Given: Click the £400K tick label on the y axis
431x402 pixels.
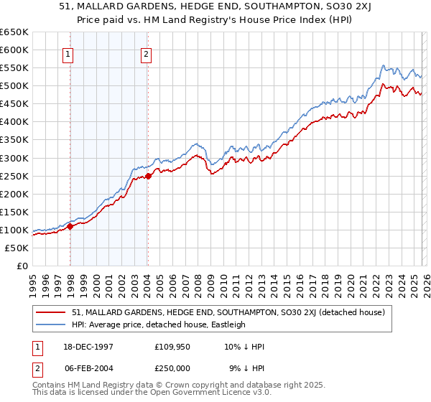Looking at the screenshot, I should [x=14, y=122].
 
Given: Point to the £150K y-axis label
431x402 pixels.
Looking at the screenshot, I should [x=14, y=212].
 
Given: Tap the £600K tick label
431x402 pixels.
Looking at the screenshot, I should [x=14, y=50].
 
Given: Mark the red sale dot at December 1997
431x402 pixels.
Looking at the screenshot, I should [x=70, y=226].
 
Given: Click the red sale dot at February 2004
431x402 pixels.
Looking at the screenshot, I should [x=148, y=175].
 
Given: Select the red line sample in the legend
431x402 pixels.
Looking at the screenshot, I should [x=52, y=312].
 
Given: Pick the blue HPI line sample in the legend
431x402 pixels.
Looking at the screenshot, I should [x=52, y=324].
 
